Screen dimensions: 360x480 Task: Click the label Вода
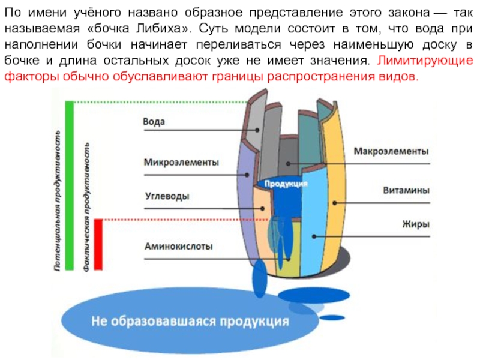click(154, 121)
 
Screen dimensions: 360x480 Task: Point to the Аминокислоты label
click(178, 245)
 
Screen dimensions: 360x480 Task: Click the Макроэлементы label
click(391, 151)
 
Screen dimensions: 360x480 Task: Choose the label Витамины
click(406, 191)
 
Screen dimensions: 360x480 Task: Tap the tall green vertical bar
click(69, 186)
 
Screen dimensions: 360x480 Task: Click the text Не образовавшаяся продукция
click(190, 321)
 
